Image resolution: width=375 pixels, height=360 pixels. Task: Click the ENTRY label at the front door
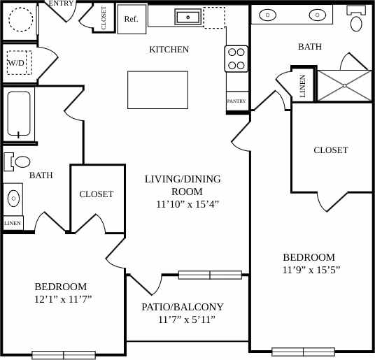point(62,3)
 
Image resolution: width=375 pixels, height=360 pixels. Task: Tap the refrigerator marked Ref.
point(131,20)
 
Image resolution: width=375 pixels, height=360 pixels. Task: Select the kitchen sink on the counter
point(187,17)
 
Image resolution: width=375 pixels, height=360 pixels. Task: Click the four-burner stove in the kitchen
point(236,59)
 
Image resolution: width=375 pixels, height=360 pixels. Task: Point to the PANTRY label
point(236,101)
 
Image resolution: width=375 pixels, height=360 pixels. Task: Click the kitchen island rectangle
point(157,89)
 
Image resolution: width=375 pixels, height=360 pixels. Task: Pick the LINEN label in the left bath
point(13,224)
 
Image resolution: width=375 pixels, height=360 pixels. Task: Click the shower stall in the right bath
point(344,85)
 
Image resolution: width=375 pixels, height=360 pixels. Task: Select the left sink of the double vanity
point(269,14)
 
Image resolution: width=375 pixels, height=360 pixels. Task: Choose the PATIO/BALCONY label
point(183,307)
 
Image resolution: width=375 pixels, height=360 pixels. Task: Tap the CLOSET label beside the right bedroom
point(330,150)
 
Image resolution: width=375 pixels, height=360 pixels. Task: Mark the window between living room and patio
point(210,275)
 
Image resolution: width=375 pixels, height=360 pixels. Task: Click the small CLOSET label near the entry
point(104,17)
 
